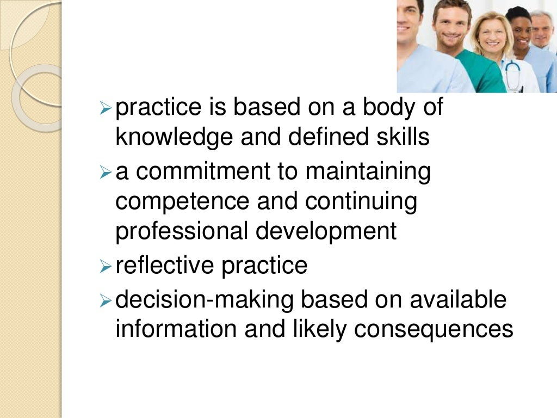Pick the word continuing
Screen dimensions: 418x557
click(x=361, y=202)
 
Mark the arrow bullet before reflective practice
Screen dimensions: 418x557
click(x=106, y=267)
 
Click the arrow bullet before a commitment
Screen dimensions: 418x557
click(x=106, y=173)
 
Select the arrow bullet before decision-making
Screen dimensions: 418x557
click(x=106, y=301)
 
